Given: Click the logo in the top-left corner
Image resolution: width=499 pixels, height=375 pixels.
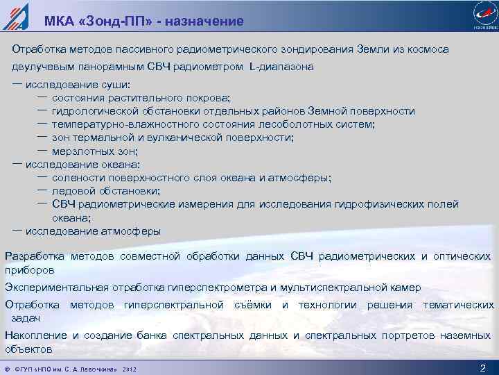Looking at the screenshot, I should (15, 16).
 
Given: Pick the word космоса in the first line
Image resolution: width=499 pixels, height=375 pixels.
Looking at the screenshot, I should (425, 50).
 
